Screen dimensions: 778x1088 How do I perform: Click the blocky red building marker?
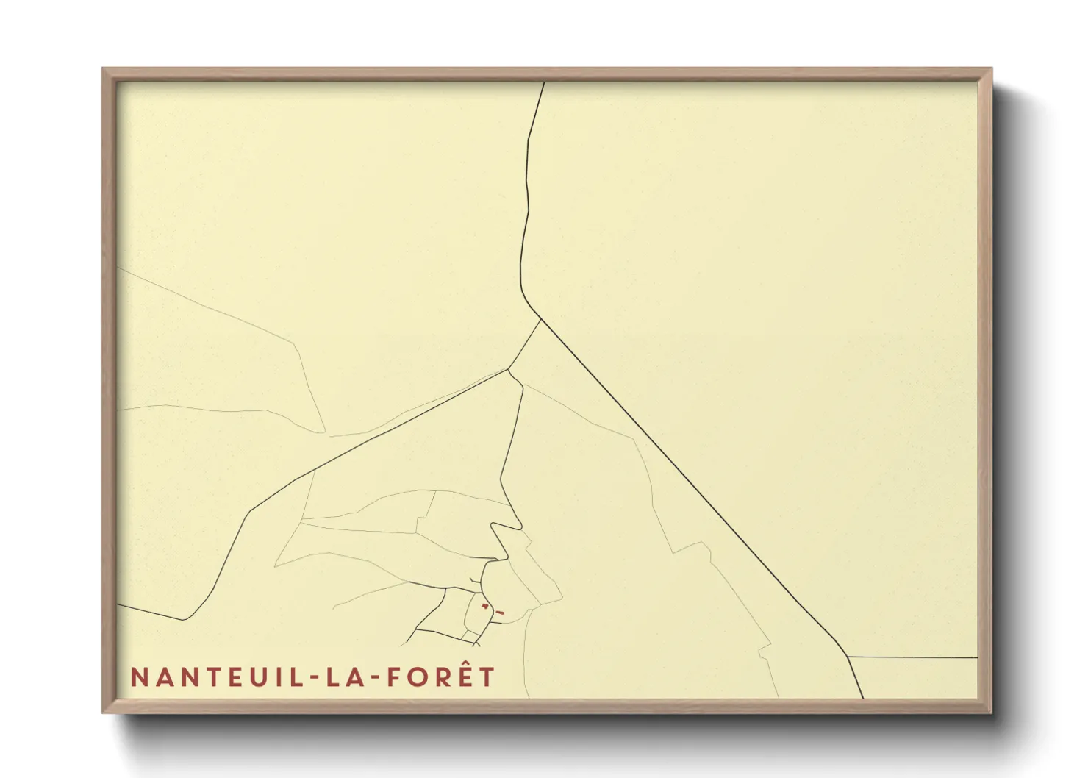pos(484,606)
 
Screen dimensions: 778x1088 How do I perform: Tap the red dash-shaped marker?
pos(501,612)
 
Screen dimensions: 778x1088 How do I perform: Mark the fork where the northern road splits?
pos(541,319)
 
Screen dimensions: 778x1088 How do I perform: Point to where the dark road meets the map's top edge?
pos(544,82)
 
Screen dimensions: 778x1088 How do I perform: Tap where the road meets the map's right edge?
pos(977,658)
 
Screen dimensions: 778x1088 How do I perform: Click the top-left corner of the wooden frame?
pos(103,68)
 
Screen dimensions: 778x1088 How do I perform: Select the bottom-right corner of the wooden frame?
pos(991,712)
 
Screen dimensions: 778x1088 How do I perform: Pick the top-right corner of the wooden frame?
pos(991,68)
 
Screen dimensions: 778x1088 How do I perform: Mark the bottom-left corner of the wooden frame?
pos(103,712)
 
